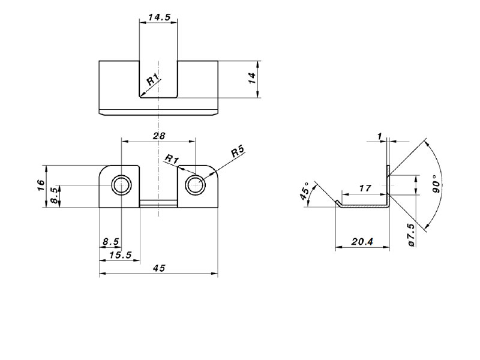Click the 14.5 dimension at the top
(159, 17)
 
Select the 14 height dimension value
(252, 79)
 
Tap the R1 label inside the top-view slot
(153, 79)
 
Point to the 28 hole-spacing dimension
(159, 136)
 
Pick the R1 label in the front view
(172, 159)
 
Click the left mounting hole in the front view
(122, 185)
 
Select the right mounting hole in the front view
(196, 185)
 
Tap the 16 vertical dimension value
(41, 185)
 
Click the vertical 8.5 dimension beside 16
(54, 196)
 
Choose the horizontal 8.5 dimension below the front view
(110, 242)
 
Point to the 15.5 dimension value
(121, 254)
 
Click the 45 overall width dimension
(159, 268)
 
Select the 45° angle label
(305, 191)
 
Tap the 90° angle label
(437, 184)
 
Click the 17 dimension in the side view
(365, 188)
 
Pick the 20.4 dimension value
(362, 242)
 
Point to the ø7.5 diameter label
(411, 235)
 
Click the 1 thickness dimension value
(380, 136)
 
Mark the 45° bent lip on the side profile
(338, 203)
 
